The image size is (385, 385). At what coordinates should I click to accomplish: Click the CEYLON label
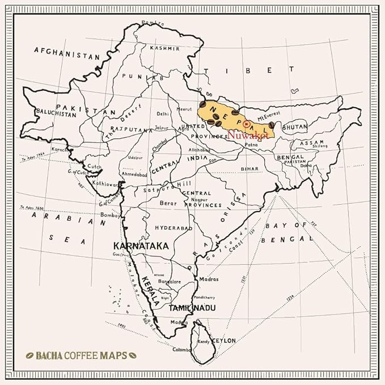pos(222,340)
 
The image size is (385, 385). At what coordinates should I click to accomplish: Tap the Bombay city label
pos(111,215)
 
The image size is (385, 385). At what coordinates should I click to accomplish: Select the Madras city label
pos(209,280)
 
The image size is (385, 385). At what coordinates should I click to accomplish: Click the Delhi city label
pos(163,113)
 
